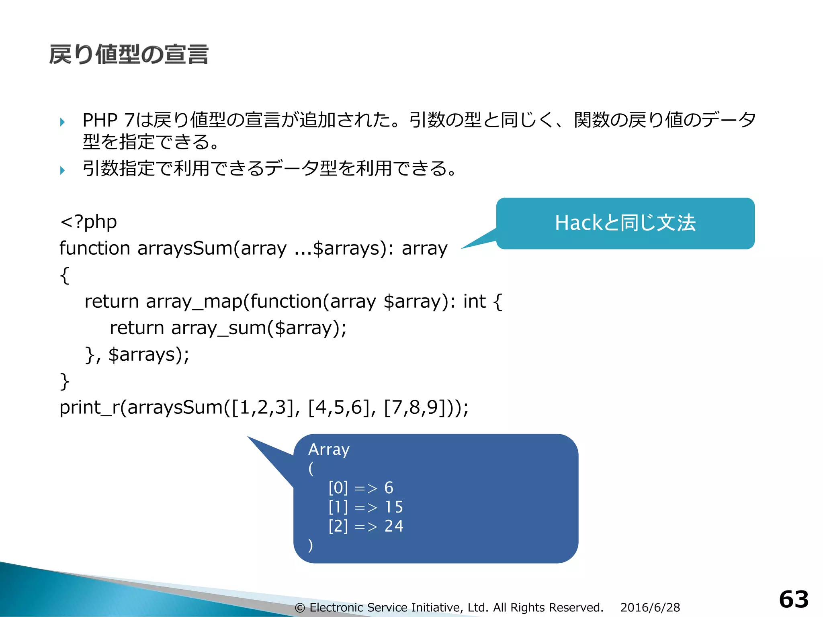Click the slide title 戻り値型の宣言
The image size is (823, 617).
[129, 55]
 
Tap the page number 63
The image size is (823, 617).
[794, 599]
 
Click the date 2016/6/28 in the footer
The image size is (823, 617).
[650, 607]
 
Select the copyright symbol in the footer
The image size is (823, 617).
[300, 608]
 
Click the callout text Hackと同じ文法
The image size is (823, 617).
[625, 223]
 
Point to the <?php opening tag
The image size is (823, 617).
[88, 222]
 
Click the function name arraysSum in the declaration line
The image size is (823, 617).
[185, 248]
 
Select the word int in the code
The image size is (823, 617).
[474, 301]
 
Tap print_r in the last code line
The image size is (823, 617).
[90, 408]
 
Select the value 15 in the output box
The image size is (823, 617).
[394, 507]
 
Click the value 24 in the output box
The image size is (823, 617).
[394, 526]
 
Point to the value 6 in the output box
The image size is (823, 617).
[389, 488]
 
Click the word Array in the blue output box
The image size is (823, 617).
[329, 449]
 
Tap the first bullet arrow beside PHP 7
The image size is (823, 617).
[62, 122]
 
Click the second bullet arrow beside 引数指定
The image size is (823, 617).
[62, 170]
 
